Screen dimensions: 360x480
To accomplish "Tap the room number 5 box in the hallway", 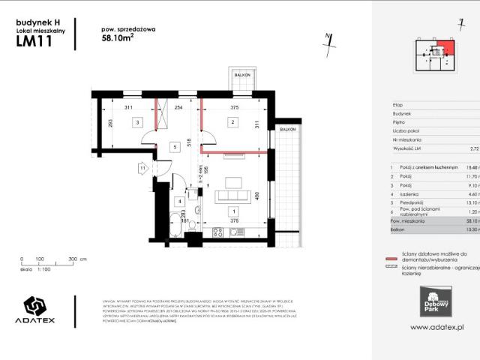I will click(x=175, y=148).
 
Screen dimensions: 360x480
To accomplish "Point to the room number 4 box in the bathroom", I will click(x=179, y=201).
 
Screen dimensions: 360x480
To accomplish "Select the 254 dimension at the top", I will click(x=178, y=108).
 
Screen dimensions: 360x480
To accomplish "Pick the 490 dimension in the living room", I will click(x=257, y=196).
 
